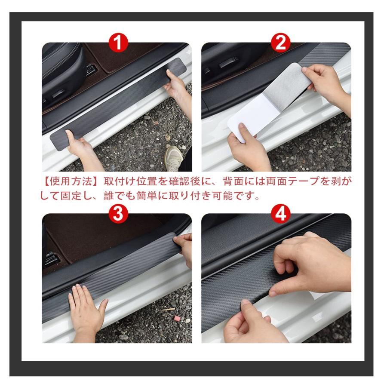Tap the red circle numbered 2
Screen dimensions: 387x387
280,43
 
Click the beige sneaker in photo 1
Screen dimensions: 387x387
174,157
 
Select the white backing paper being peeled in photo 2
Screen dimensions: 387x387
258,107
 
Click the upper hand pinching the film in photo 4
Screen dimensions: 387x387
310,262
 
